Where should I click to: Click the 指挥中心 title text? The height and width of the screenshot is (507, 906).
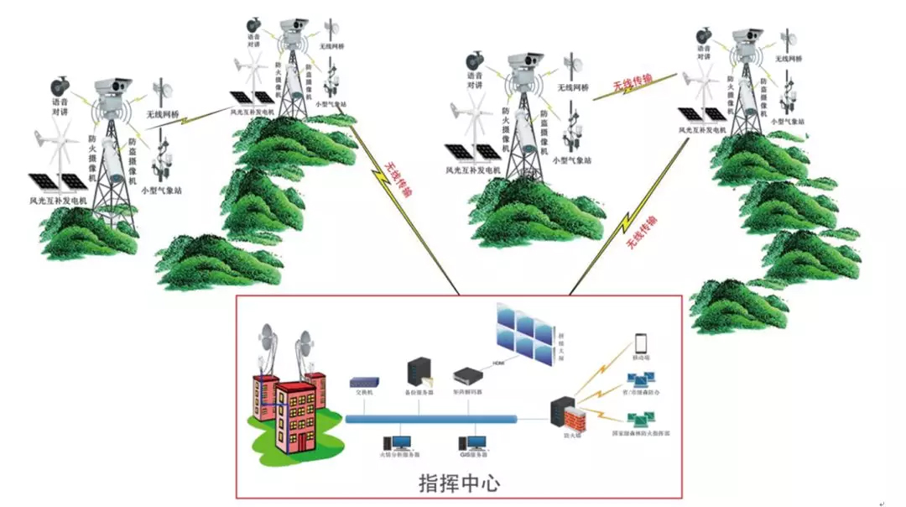tap(460, 484)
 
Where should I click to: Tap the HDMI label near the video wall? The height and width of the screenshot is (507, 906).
tap(498, 363)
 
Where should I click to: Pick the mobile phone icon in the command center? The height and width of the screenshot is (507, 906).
tap(642, 343)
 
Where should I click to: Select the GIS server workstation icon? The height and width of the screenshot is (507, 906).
tap(473, 443)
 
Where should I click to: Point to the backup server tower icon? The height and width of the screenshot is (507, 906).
tap(418, 372)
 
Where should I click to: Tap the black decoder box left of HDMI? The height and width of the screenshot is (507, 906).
tap(468, 375)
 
